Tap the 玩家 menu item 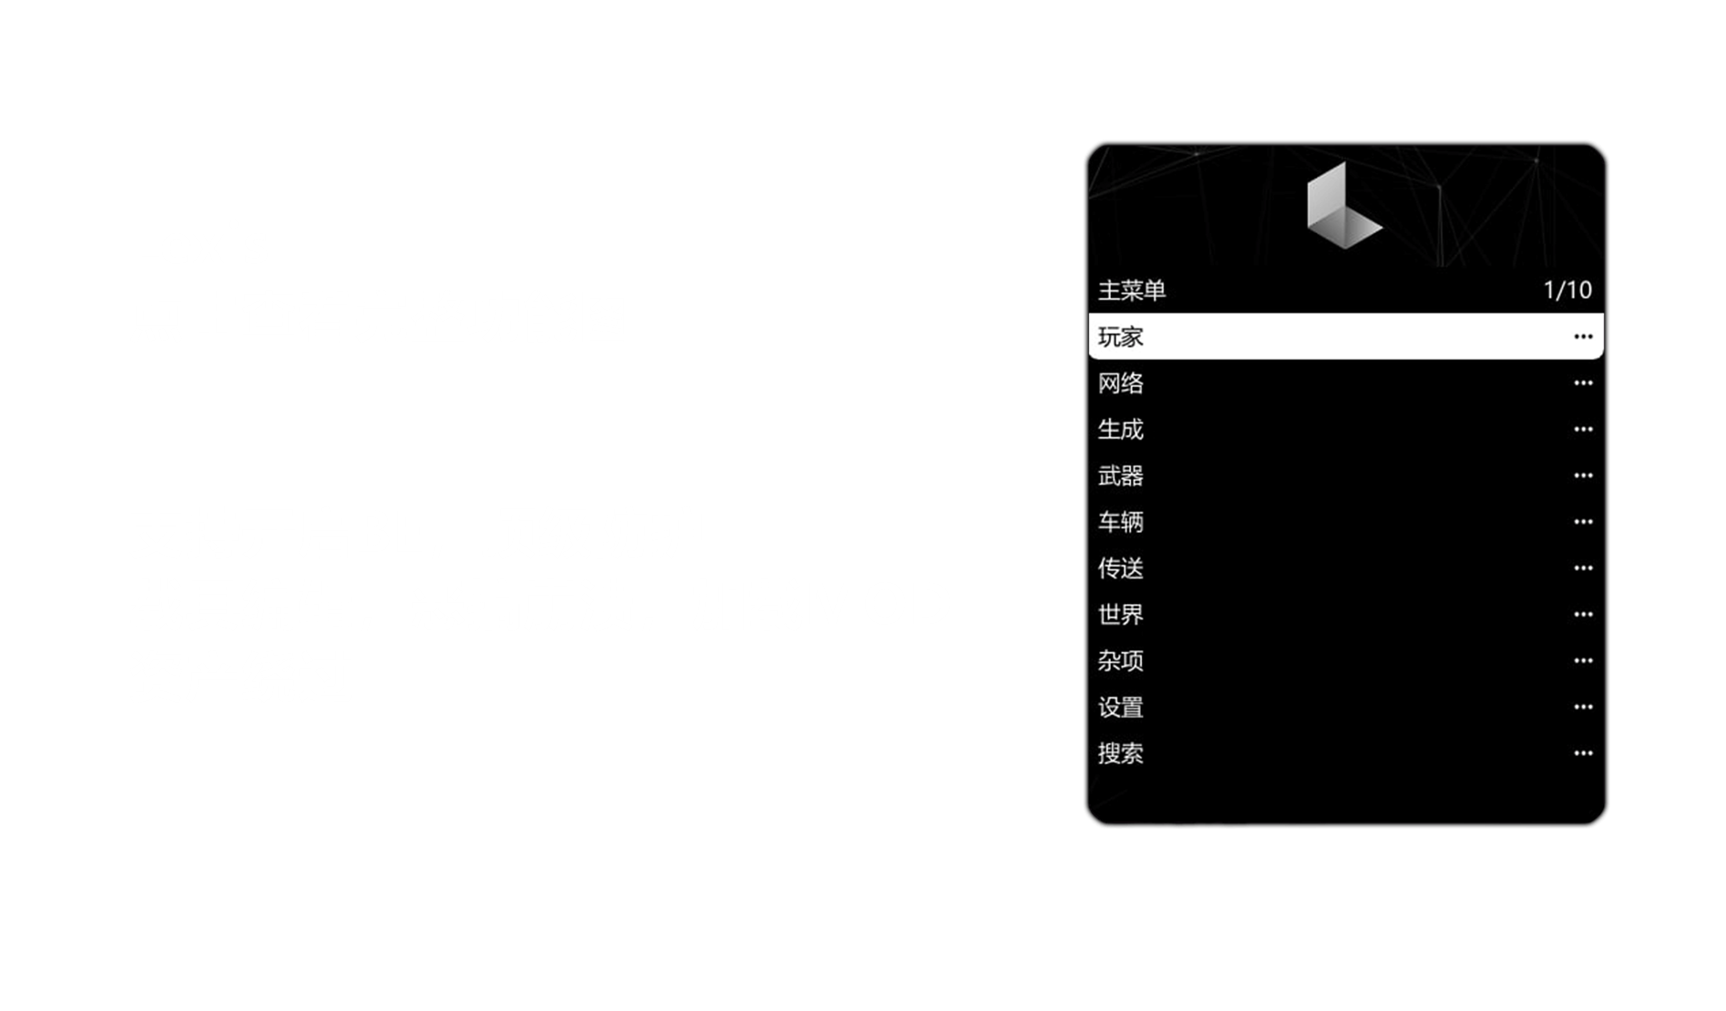1121,337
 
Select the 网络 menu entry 1121,383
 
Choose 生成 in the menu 1121,430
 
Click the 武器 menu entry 1121,475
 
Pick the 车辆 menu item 1121,522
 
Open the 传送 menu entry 1121,568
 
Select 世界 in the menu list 1121,615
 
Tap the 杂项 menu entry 1121,661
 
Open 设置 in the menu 1121,708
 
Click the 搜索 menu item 1121,753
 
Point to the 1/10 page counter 1567,291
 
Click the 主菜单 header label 1132,291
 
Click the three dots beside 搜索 1583,753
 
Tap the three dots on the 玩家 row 1583,337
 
